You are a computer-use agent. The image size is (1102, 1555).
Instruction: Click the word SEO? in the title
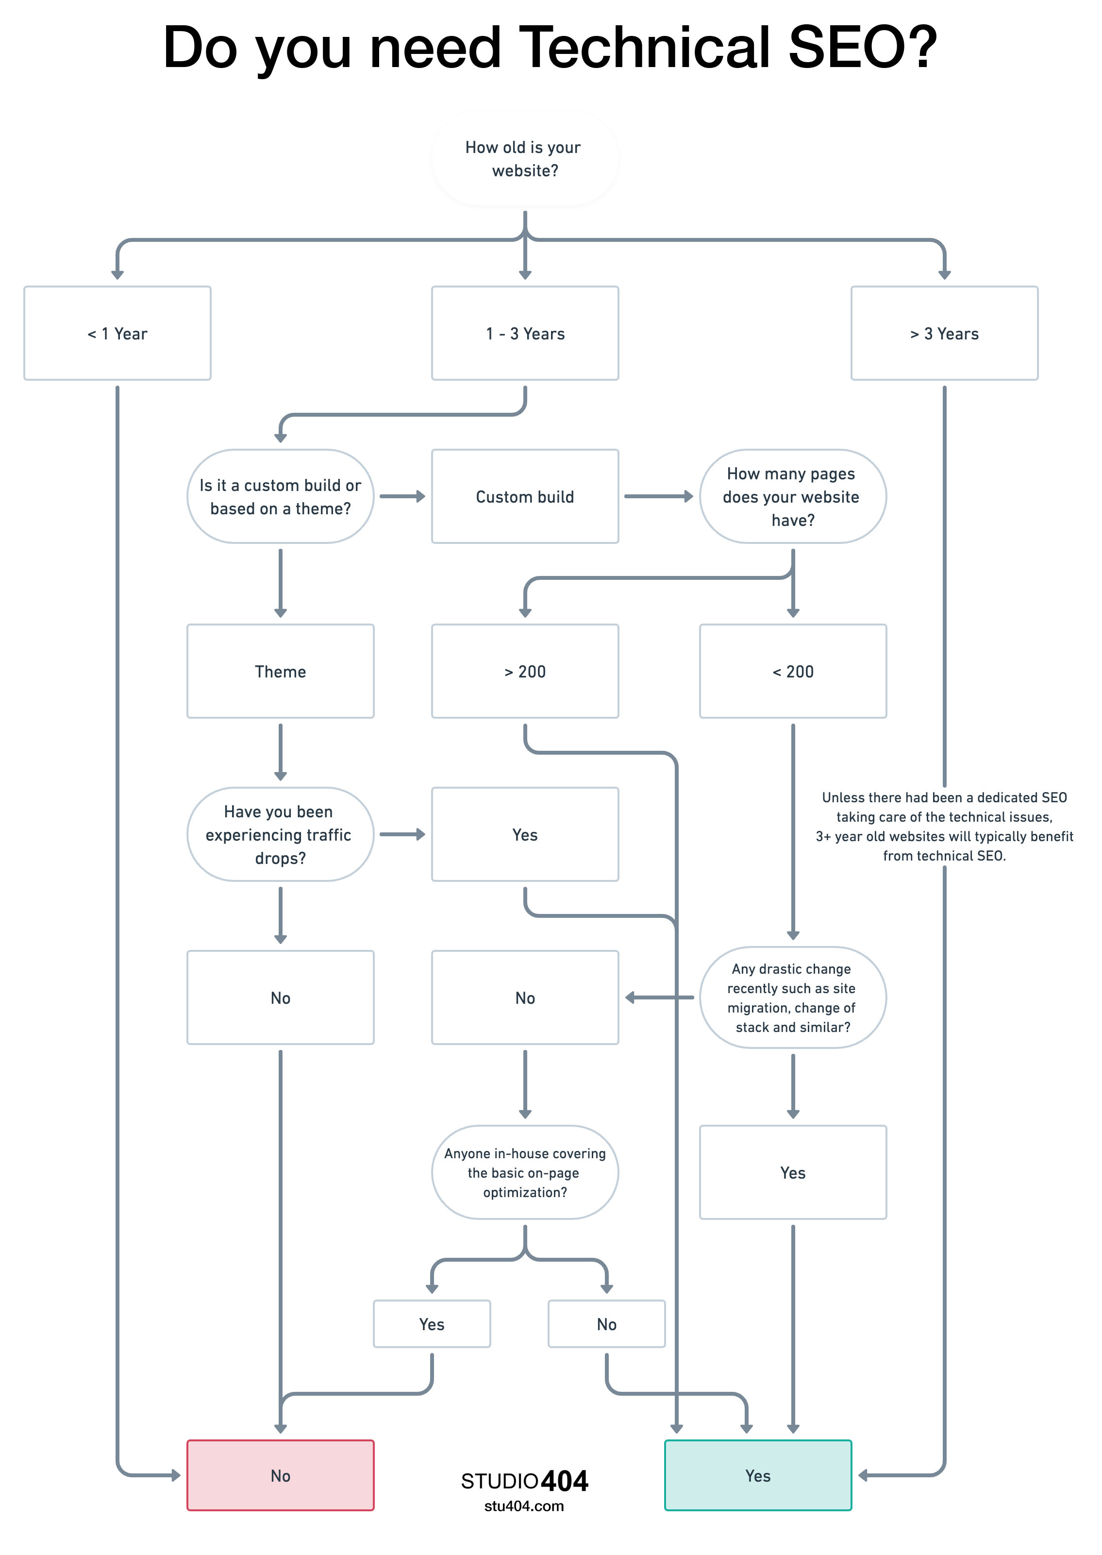click(862, 48)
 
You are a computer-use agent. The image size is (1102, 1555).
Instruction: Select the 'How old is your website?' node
click(524, 159)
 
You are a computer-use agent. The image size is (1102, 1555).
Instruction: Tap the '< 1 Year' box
click(117, 333)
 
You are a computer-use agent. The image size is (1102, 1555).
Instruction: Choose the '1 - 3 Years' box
click(524, 333)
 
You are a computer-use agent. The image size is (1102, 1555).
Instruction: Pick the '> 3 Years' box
click(944, 333)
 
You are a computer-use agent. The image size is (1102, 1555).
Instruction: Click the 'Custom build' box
click(524, 496)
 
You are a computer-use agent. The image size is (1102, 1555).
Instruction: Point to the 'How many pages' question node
click(793, 496)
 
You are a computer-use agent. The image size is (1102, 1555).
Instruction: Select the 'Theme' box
click(280, 671)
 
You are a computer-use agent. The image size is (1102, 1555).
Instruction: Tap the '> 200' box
click(524, 671)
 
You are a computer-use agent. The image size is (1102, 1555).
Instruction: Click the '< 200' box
click(793, 671)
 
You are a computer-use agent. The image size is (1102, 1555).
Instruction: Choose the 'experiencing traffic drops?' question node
click(280, 834)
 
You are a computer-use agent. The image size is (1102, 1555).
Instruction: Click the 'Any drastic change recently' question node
click(793, 997)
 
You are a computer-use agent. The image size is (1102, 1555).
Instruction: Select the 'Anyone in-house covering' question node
click(524, 1172)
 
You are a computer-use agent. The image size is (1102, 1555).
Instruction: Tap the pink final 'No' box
click(280, 1475)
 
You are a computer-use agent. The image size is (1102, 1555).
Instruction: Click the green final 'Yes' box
click(758, 1475)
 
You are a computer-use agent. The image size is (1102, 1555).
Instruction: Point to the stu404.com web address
click(524, 1506)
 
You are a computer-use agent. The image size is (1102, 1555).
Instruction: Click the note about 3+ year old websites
click(944, 826)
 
